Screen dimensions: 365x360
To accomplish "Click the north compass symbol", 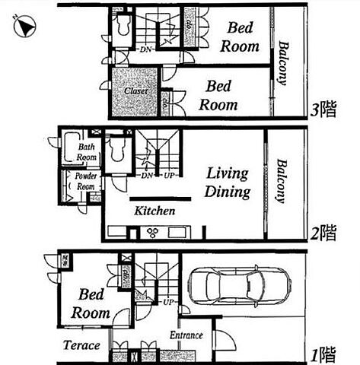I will pyautogui.click(x=23, y=27).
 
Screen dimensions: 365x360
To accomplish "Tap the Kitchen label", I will pyautogui.click(x=155, y=211).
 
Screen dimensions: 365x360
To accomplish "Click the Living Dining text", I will pyautogui.click(x=228, y=183).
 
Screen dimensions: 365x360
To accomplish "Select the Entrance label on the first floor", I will pyautogui.click(x=186, y=335).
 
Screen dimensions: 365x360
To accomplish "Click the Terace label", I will pyautogui.click(x=81, y=345).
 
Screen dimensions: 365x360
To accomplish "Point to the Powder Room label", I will pyautogui.click(x=85, y=182).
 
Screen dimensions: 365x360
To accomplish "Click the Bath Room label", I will pyautogui.click(x=86, y=152).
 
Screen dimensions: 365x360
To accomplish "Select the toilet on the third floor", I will pyautogui.click(x=122, y=27).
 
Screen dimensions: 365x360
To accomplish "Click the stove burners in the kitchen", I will pyautogui.click(x=151, y=233).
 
